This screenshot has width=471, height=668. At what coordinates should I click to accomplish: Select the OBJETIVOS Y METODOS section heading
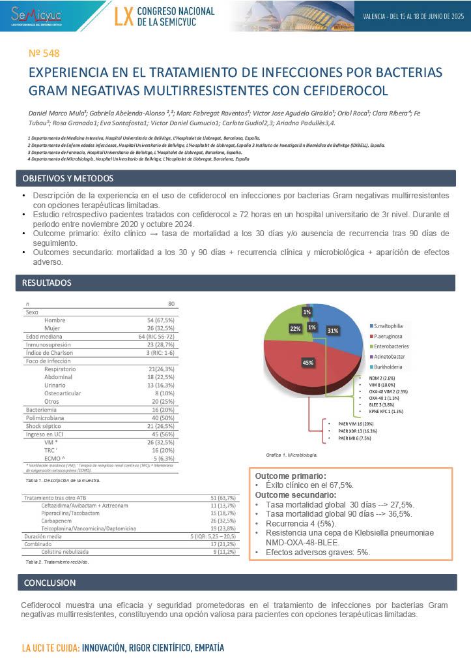click(x=68, y=178)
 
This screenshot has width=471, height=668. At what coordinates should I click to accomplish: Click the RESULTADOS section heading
click(x=47, y=282)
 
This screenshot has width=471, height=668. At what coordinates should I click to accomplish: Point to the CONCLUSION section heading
click(x=50, y=582)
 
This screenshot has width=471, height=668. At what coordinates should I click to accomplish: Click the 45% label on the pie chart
click(x=307, y=362)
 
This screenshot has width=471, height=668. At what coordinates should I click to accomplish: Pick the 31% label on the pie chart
click(x=333, y=331)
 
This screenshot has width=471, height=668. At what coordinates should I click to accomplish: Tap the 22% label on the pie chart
click(x=295, y=329)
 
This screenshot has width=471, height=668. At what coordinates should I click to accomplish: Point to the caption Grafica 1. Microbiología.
click(x=292, y=454)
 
